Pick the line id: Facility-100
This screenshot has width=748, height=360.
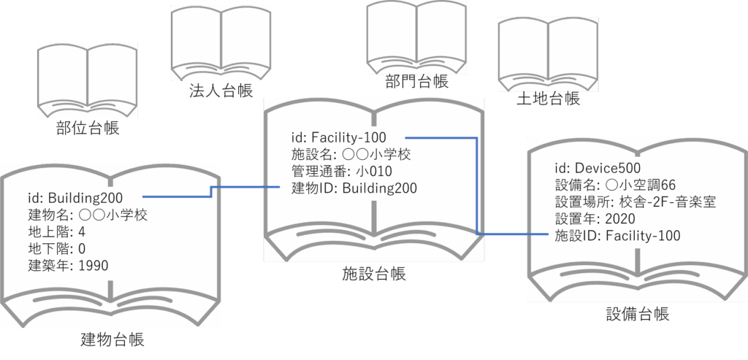pyautogui.click(x=338, y=137)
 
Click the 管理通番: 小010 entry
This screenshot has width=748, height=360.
pyautogui.click(x=342, y=171)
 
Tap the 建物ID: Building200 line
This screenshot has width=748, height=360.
pyautogui.click(x=354, y=188)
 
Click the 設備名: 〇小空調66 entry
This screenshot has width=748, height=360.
pyautogui.click(x=615, y=185)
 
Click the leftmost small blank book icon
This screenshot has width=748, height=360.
pyautogui.click(x=87, y=81)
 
